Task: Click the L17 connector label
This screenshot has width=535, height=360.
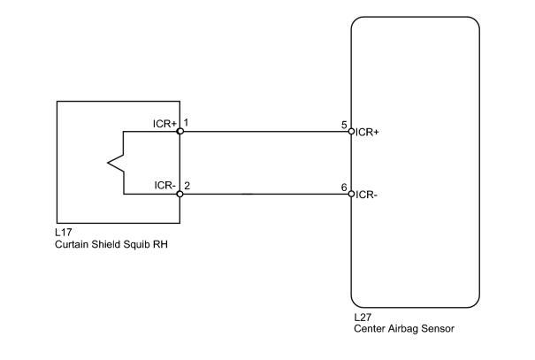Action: tap(64, 233)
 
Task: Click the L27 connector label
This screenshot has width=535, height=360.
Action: tap(363, 318)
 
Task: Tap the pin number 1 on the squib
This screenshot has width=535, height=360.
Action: tap(186, 122)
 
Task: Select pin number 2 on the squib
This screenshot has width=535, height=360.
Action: tap(187, 186)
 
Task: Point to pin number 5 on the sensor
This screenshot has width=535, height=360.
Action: tap(344, 125)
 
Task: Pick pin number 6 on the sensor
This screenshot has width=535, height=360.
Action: tap(344, 188)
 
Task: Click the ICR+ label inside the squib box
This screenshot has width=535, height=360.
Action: tap(164, 124)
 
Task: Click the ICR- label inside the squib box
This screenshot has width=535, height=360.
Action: tap(165, 185)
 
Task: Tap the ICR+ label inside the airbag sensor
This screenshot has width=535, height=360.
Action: tap(367, 133)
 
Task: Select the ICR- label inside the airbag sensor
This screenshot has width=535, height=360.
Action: tap(366, 195)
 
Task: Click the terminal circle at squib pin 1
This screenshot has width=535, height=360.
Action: tap(180, 132)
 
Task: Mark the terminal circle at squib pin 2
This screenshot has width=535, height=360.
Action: tap(180, 195)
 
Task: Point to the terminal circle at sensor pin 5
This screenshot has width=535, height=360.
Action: tap(351, 132)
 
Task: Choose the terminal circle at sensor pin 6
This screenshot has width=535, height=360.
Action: tap(351, 195)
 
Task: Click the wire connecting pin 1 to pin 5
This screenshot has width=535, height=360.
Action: tap(266, 132)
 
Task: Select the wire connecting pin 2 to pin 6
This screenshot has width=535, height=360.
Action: tap(266, 195)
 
